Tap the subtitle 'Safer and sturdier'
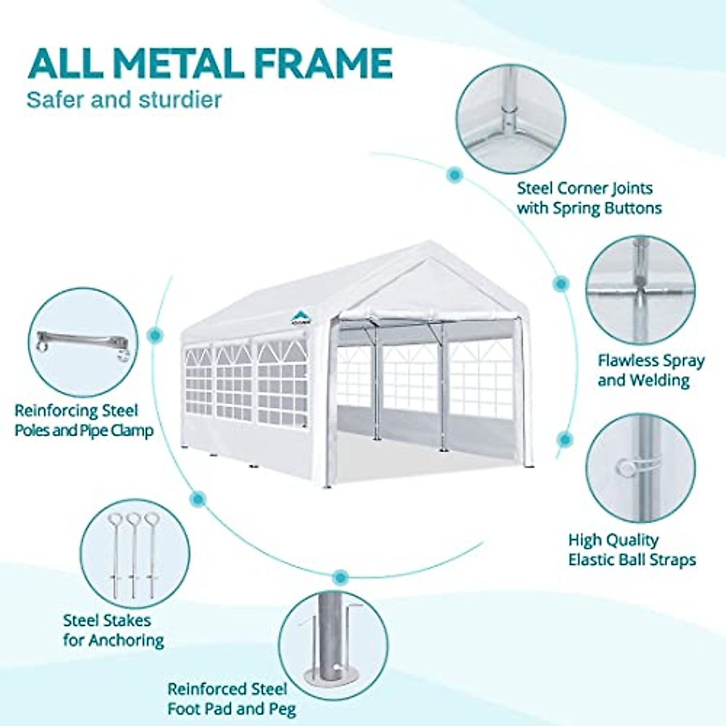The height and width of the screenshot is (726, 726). pyautogui.click(x=124, y=100)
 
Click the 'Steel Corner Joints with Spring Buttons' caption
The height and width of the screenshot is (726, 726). pyautogui.click(x=589, y=198)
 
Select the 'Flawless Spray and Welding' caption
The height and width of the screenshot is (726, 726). pyautogui.click(x=650, y=370)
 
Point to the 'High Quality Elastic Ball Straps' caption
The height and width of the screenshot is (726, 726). pyautogui.click(x=631, y=549)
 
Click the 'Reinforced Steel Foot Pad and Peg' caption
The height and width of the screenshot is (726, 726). pyautogui.click(x=232, y=698)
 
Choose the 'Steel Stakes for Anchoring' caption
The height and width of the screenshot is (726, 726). pyautogui.click(x=113, y=630)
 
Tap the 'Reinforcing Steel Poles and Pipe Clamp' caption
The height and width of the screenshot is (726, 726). pyautogui.click(x=83, y=420)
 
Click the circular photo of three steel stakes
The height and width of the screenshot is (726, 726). pyautogui.click(x=134, y=554)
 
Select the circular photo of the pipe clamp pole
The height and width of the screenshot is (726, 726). pyautogui.click(x=83, y=342)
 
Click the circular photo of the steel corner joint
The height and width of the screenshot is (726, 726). pyautogui.click(x=511, y=119)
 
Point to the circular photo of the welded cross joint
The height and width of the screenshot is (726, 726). pyautogui.click(x=640, y=290)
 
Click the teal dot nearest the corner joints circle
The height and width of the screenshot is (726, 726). pyautogui.click(x=454, y=175)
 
